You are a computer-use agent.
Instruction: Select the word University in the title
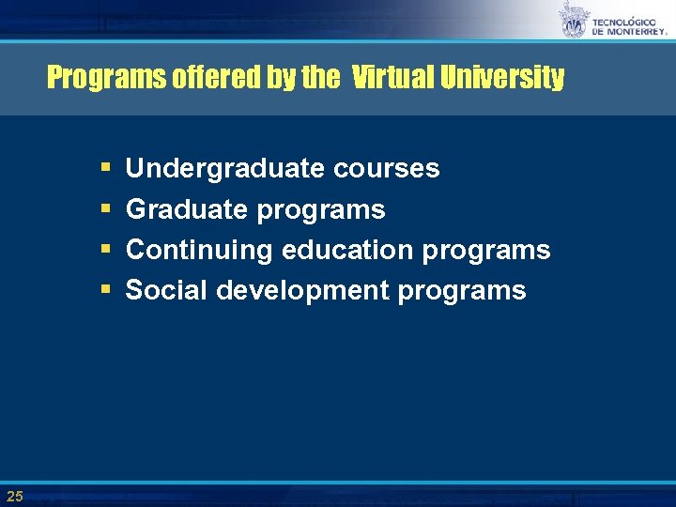(x=505, y=77)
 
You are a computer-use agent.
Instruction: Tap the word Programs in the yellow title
(x=106, y=77)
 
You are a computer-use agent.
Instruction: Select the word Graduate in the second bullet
(x=185, y=209)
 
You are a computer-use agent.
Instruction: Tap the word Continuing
(x=200, y=250)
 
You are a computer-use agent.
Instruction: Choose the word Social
(x=166, y=290)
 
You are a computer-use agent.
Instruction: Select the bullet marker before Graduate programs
(x=104, y=210)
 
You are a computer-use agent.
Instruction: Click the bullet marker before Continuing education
(x=104, y=251)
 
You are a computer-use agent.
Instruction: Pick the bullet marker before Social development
(x=104, y=291)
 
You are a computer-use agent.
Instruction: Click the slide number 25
(x=14, y=495)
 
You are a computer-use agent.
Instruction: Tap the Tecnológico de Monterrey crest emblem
(x=574, y=21)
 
